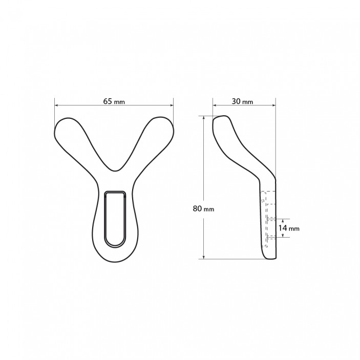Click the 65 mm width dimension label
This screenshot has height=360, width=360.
(114, 101)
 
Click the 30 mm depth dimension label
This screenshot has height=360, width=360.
(242, 101)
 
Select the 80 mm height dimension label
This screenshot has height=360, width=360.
(203, 208)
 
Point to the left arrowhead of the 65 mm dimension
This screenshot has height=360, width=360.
(56, 105)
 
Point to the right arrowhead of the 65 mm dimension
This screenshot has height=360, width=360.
(171, 105)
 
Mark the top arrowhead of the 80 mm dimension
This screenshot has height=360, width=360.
(204, 118)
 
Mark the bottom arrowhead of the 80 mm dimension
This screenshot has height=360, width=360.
(204, 257)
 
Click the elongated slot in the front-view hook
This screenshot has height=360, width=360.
(115, 218)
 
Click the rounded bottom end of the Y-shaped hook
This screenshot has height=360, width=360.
(115, 260)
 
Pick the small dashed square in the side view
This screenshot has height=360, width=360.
(262, 201)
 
